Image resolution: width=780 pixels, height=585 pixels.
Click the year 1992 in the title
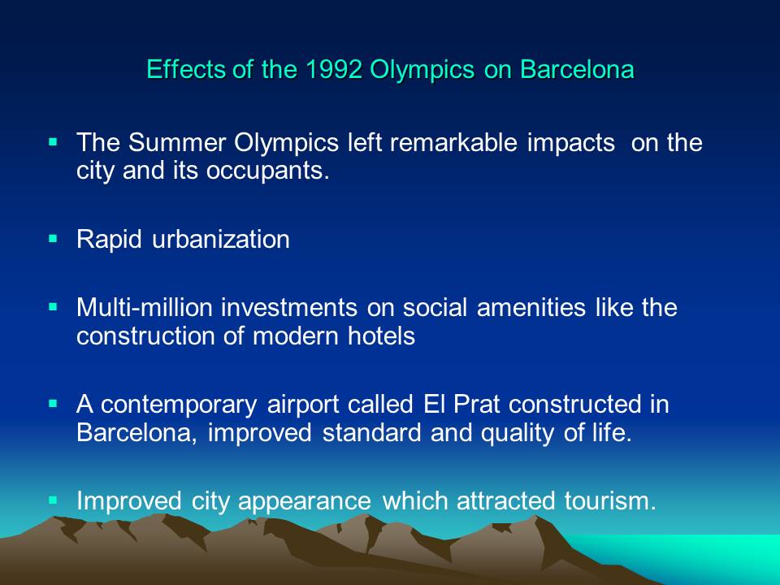pyautogui.click(x=333, y=69)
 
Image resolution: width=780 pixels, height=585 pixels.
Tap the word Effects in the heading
pyautogui.click(x=185, y=69)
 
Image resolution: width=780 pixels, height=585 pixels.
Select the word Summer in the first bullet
pyautogui.click(x=177, y=143)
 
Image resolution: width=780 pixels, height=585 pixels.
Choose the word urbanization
pyautogui.click(x=221, y=239)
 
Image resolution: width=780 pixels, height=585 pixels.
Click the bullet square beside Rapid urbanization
pyautogui.click(x=54, y=239)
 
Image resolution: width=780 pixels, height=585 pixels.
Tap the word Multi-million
pyautogui.click(x=145, y=307)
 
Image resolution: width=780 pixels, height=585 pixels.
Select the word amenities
pyautogui.click(x=531, y=307)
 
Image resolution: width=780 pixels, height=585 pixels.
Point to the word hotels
pyautogui.click(x=381, y=336)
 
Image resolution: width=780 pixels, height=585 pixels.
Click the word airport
pyautogui.click(x=303, y=405)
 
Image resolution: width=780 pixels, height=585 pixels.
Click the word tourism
pyautogui.click(x=610, y=501)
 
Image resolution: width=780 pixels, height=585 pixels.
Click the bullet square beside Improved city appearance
pyautogui.click(x=54, y=500)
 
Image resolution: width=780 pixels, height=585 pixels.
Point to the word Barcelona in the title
pyautogui.click(x=577, y=69)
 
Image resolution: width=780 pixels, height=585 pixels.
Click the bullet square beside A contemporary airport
pyautogui.click(x=54, y=404)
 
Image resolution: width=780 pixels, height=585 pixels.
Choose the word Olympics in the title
pyautogui.click(x=422, y=70)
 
